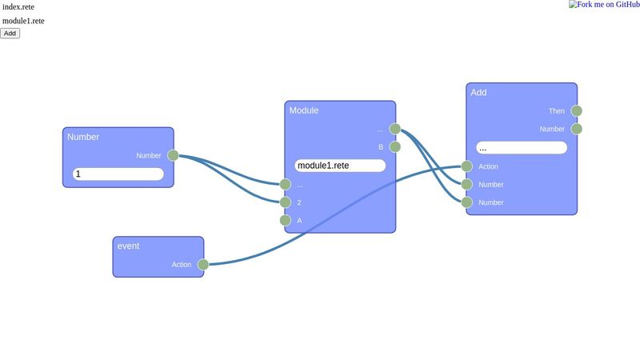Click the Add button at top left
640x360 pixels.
[x=10, y=33]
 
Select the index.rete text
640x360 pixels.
[x=18, y=6]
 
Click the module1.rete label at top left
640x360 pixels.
[x=23, y=21]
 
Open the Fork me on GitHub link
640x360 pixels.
[x=604, y=5]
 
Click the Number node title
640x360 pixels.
[x=83, y=137]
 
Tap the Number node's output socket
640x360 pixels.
[x=173, y=155]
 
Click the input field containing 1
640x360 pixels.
[x=118, y=174]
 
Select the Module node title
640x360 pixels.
[x=304, y=110]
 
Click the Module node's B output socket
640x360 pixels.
[x=395, y=146]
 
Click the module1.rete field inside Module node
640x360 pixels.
[x=340, y=166]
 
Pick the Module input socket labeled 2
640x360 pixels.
[x=285, y=202]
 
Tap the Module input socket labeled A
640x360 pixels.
[x=285, y=220]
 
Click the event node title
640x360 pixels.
[x=128, y=246]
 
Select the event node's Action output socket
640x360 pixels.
[x=203, y=265]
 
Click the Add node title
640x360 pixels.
[x=478, y=93]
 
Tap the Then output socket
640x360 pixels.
[x=577, y=111]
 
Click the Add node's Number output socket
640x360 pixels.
[x=577, y=129]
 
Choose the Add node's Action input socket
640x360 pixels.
[x=467, y=166]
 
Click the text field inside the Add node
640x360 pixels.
[x=521, y=148]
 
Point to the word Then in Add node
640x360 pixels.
[x=557, y=111]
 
